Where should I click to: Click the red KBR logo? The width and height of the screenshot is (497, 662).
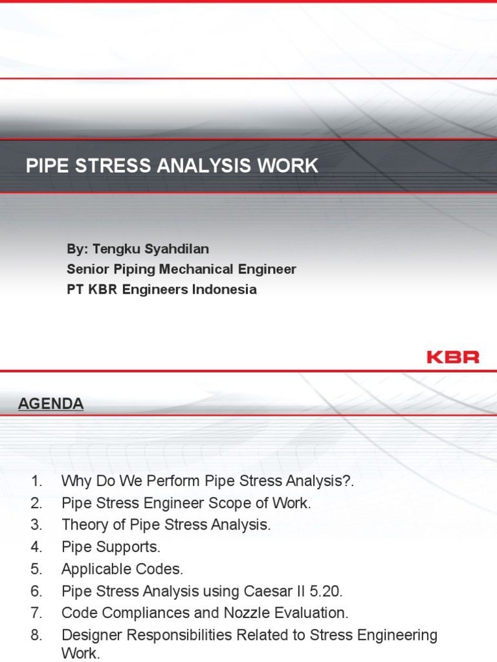(x=453, y=356)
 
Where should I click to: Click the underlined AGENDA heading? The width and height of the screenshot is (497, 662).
(x=50, y=404)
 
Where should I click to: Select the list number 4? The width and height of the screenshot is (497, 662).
(x=36, y=547)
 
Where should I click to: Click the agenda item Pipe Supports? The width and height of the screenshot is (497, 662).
(x=111, y=547)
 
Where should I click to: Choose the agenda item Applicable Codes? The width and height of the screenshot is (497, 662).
(x=122, y=569)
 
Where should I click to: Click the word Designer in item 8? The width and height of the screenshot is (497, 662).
(x=89, y=635)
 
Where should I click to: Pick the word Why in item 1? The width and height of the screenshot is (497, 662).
(x=74, y=481)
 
